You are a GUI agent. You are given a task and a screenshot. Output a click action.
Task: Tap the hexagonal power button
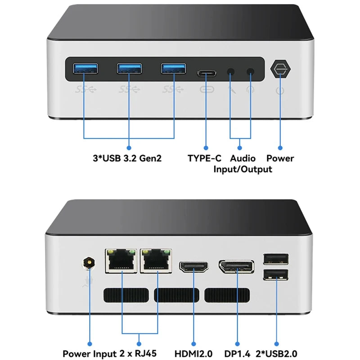[280, 70]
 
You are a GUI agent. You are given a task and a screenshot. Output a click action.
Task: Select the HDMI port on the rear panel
[193, 266]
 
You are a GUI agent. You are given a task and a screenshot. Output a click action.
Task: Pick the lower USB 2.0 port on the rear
[275, 274]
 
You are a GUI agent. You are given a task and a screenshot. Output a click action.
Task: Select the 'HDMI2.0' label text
[193, 354]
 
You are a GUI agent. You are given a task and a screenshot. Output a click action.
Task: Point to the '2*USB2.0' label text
[276, 354]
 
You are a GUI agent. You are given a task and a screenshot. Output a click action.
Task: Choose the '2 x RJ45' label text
[140, 354]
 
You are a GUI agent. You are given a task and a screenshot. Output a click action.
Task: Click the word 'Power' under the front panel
[280, 158]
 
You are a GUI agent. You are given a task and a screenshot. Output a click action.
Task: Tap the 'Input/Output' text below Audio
[243, 170]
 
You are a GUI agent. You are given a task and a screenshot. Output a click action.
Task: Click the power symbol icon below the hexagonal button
[280, 90]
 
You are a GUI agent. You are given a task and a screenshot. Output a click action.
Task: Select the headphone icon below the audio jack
[250, 89]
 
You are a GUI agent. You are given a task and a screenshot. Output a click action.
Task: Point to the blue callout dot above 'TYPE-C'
[206, 147]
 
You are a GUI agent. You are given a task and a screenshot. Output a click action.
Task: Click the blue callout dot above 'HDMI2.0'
[193, 343]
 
